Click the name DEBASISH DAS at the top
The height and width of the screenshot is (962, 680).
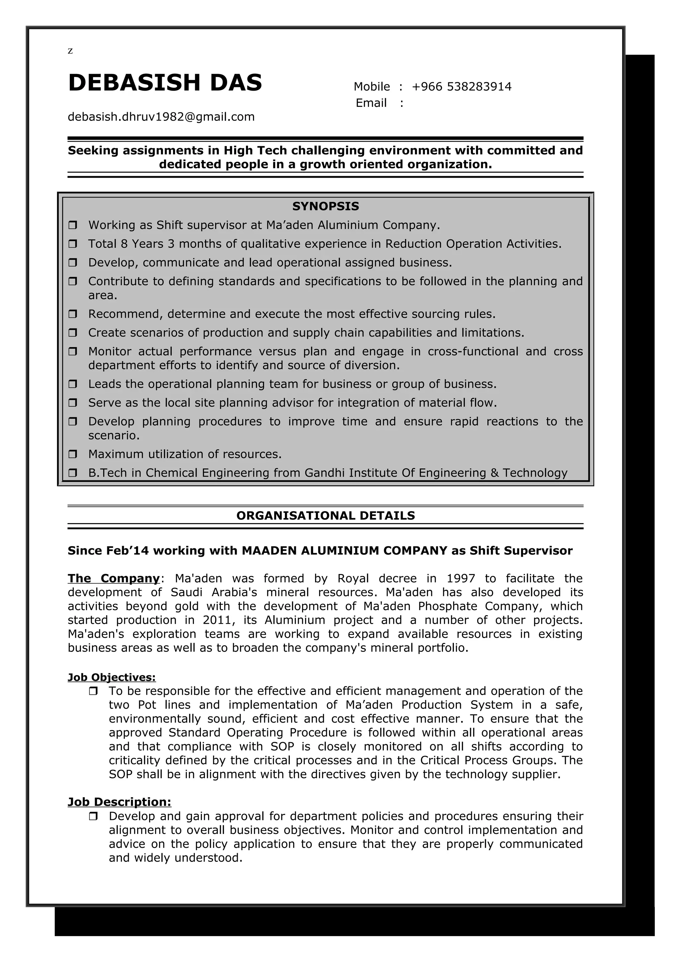tap(165, 83)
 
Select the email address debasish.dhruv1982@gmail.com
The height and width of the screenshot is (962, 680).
tap(161, 117)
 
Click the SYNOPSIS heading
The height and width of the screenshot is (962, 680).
tap(325, 206)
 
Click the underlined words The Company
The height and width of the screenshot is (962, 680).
tap(114, 579)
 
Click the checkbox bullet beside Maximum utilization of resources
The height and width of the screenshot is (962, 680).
tap(73, 454)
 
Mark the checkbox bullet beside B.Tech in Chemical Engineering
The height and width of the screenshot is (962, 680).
tap(73, 473)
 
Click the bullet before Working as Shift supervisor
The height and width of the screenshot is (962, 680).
tap(73, 225)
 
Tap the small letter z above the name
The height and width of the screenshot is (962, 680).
tap(70, 51)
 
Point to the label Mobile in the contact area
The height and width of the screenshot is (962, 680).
tap(371, 87)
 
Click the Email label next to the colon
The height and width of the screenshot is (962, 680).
tap(371, 103)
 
